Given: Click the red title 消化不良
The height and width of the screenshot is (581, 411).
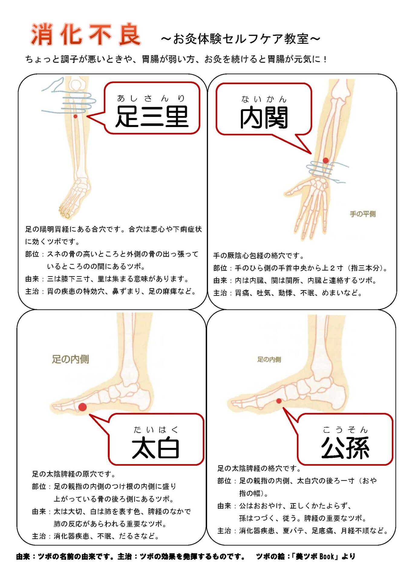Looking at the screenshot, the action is coord(86,34).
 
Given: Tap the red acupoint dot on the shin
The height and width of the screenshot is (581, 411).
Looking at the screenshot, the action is coord(75,116).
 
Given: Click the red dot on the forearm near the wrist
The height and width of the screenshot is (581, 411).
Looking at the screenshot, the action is coord(325,160).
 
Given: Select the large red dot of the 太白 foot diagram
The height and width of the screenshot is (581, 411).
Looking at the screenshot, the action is coord(82,407).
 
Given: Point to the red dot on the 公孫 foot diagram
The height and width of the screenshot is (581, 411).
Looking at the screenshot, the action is coord(279,401).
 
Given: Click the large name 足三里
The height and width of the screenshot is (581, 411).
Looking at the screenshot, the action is coord(152,117).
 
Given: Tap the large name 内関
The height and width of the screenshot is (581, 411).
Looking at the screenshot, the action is coord(264,118).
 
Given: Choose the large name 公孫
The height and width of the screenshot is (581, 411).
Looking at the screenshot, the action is coord(345,448).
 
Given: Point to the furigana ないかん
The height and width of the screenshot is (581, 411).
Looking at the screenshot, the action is coord(263,99).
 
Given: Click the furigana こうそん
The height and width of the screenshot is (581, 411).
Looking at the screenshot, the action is coord(345,430).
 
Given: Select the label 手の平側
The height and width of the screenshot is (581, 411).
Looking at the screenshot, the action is coord(363,214).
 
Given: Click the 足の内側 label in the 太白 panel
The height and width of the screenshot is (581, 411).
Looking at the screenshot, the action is coord(70,359).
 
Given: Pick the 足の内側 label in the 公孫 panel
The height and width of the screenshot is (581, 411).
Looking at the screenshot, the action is coord(269,359).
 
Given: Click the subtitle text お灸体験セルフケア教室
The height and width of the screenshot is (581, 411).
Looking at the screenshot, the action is coord(240,39).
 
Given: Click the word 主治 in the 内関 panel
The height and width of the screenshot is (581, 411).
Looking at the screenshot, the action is coord(220,293).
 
